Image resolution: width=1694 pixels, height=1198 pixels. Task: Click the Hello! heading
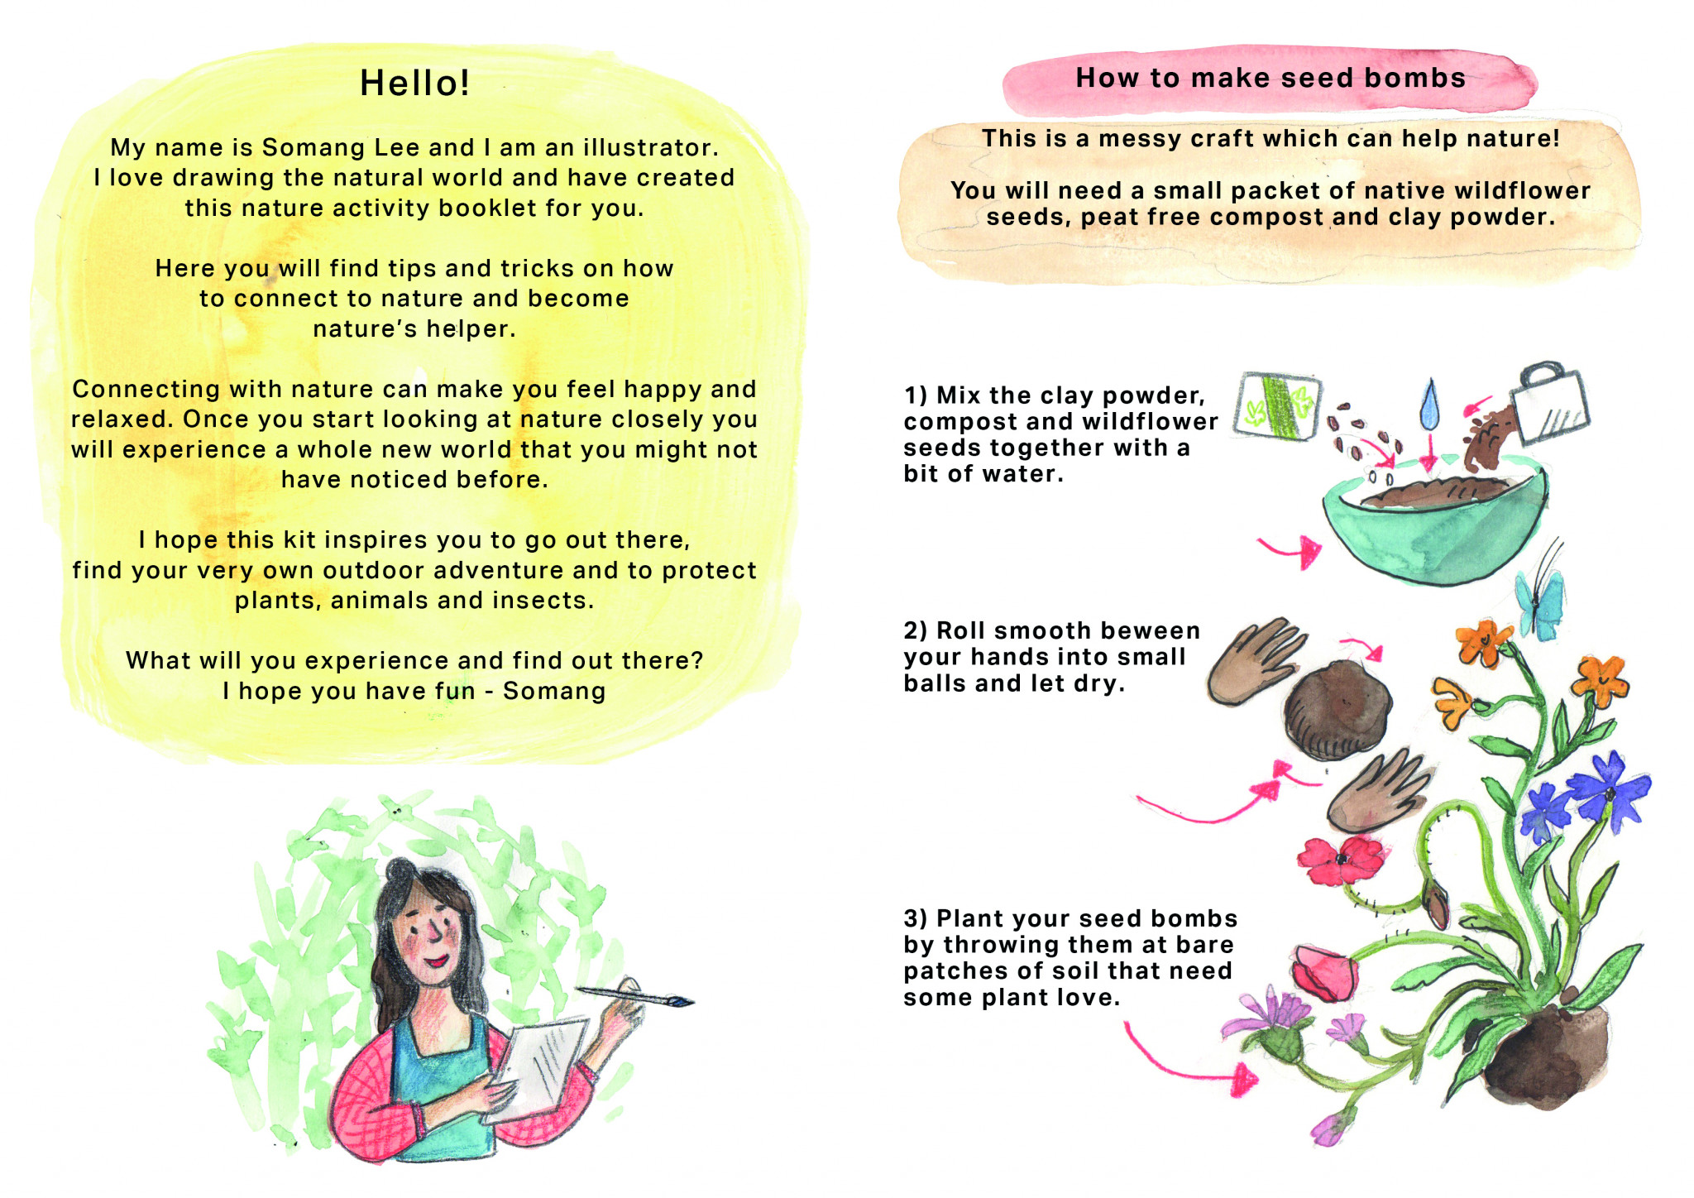coord(415,83)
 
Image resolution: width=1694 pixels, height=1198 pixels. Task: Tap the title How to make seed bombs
coord(1270,78)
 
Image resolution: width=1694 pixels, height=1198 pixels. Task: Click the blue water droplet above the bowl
coord(1428,404)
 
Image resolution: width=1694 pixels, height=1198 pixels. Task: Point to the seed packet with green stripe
coord(1277,405)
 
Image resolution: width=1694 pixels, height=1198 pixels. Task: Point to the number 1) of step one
coord(916,395)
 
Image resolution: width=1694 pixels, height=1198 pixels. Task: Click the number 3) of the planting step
coord(916,918)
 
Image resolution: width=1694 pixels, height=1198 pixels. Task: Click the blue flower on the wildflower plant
coord(1609,790)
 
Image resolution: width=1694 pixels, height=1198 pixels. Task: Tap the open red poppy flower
coord(1340,860)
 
